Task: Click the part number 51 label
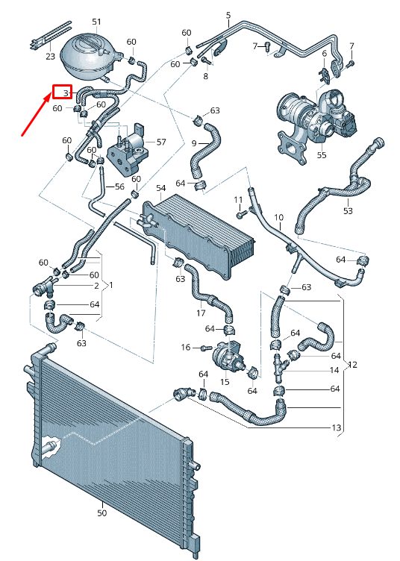pyautogui.click(x=96, y=22)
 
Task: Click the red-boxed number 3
pyautogui.click(x=63, y=93)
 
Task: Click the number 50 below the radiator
pyautogui.click(x=102, y=513)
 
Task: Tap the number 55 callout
pyautogui.click(x=322, y=155)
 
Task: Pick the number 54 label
pyautogui.click(x=160, y=189)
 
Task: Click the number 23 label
pyautogui.click(x=50, y=56)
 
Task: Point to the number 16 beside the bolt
pyautogui.click(x=186, y=348)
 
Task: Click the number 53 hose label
pyautogui.click(x=348, y=211)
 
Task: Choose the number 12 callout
pyautogui.click(x=353, y=365)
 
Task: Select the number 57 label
pyautogui.click(x=161, y=141)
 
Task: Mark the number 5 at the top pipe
pyautogui.click(x=228, y=15)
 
